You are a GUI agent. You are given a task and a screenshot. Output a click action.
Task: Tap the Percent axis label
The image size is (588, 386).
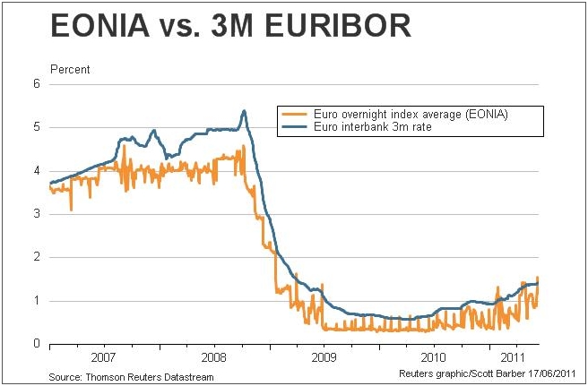[x=70, y=69]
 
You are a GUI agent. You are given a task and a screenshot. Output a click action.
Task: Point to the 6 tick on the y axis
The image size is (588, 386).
[x=37, y=84]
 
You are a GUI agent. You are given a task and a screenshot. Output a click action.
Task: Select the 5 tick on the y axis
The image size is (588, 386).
[x=37, y=127]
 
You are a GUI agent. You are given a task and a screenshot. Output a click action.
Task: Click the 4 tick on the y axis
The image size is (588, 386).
[x=37, y=171]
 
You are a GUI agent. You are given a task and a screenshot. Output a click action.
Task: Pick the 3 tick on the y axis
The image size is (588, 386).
[x=37, y=214]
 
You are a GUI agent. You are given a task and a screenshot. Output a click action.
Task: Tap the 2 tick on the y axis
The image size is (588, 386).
[x=37, y=257]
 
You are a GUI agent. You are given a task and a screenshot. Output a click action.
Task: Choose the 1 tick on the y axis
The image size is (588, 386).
[x=37, y=301]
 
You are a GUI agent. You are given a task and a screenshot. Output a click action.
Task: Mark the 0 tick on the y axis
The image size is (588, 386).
[x=37, y=344]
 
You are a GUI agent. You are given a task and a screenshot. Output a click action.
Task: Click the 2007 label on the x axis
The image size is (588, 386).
[x=104, y=356]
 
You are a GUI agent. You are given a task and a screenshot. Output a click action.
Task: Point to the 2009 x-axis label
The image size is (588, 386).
[x=324, y=356]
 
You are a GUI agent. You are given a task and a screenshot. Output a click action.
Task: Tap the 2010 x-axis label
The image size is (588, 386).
[x=433, y=356]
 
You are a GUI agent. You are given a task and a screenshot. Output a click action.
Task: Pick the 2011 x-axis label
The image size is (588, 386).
[x=506, y=356]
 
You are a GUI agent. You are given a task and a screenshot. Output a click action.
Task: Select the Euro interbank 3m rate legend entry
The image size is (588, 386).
[x=367, y=128]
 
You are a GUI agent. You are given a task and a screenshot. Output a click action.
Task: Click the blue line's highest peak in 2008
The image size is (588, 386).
[x=244, y=111]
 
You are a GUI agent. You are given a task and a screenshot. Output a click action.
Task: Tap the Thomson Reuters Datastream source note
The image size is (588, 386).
[x=131, y=377]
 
